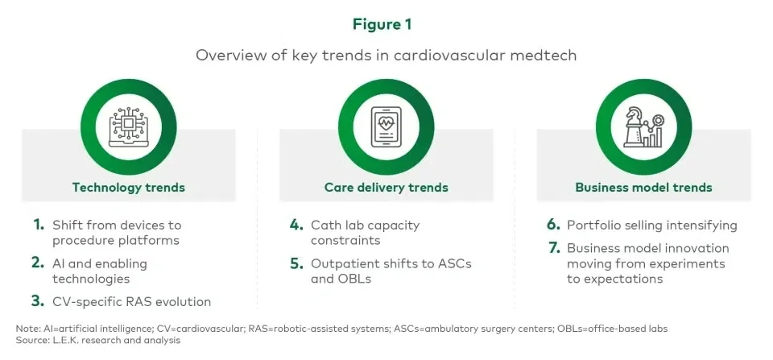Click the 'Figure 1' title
coord(382,25)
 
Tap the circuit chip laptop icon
coord(129,126)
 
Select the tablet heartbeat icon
coord(386,126)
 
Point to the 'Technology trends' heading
coord(129,188)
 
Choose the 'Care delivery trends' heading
coord(386,188)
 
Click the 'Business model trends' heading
coord(644,188)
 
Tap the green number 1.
coord(39,225)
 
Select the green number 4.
coord(296,225)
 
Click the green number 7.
coord(554,247)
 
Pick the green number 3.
coord(38,301)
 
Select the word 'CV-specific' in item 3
coord(85,302)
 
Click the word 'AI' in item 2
coord(59,263)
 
